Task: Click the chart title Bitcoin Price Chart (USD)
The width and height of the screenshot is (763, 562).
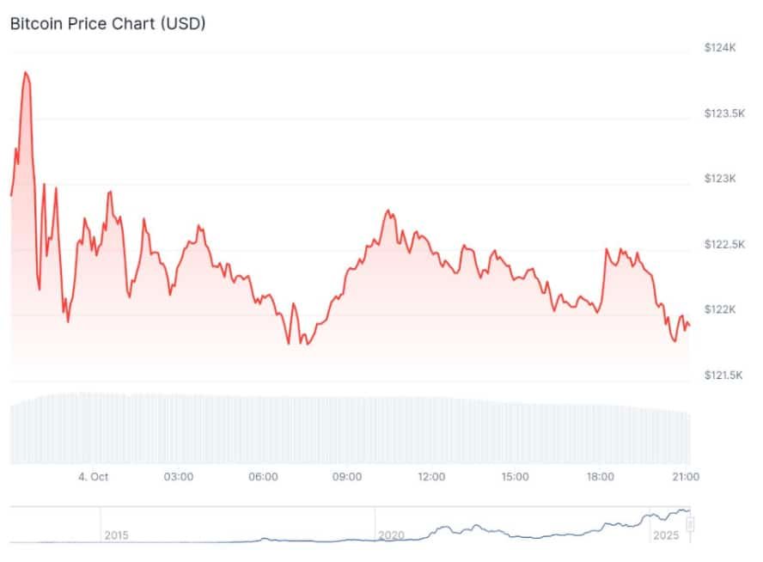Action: (x=107, y=23)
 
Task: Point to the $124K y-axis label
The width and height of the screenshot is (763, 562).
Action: (x=719, y=48)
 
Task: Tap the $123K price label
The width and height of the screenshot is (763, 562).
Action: (x=719, y=179)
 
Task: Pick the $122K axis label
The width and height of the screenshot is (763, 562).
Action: (x=719, y=309)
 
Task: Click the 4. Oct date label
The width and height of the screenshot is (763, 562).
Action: (x=93, y=477)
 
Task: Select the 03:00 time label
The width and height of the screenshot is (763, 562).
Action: (x=178, y=477)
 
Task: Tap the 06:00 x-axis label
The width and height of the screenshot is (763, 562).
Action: (x=263, y=477)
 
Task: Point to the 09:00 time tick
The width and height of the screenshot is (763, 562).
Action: (x=347, y=477)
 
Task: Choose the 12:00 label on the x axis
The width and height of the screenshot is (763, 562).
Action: (x=431, y=477)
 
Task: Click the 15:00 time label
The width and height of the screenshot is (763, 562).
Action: (x=516, y=477)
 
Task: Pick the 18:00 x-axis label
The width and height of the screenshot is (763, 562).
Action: (x=600, y=477)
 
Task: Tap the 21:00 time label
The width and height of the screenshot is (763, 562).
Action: (x=685, y=477)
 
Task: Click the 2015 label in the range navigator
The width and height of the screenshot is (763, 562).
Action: (x=116, y=535)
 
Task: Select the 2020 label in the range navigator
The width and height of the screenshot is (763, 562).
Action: (x=391, y=535)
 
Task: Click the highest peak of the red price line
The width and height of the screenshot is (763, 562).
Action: (x=26, y=72)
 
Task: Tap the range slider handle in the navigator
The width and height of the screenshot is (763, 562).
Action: (x=689, y=525)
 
